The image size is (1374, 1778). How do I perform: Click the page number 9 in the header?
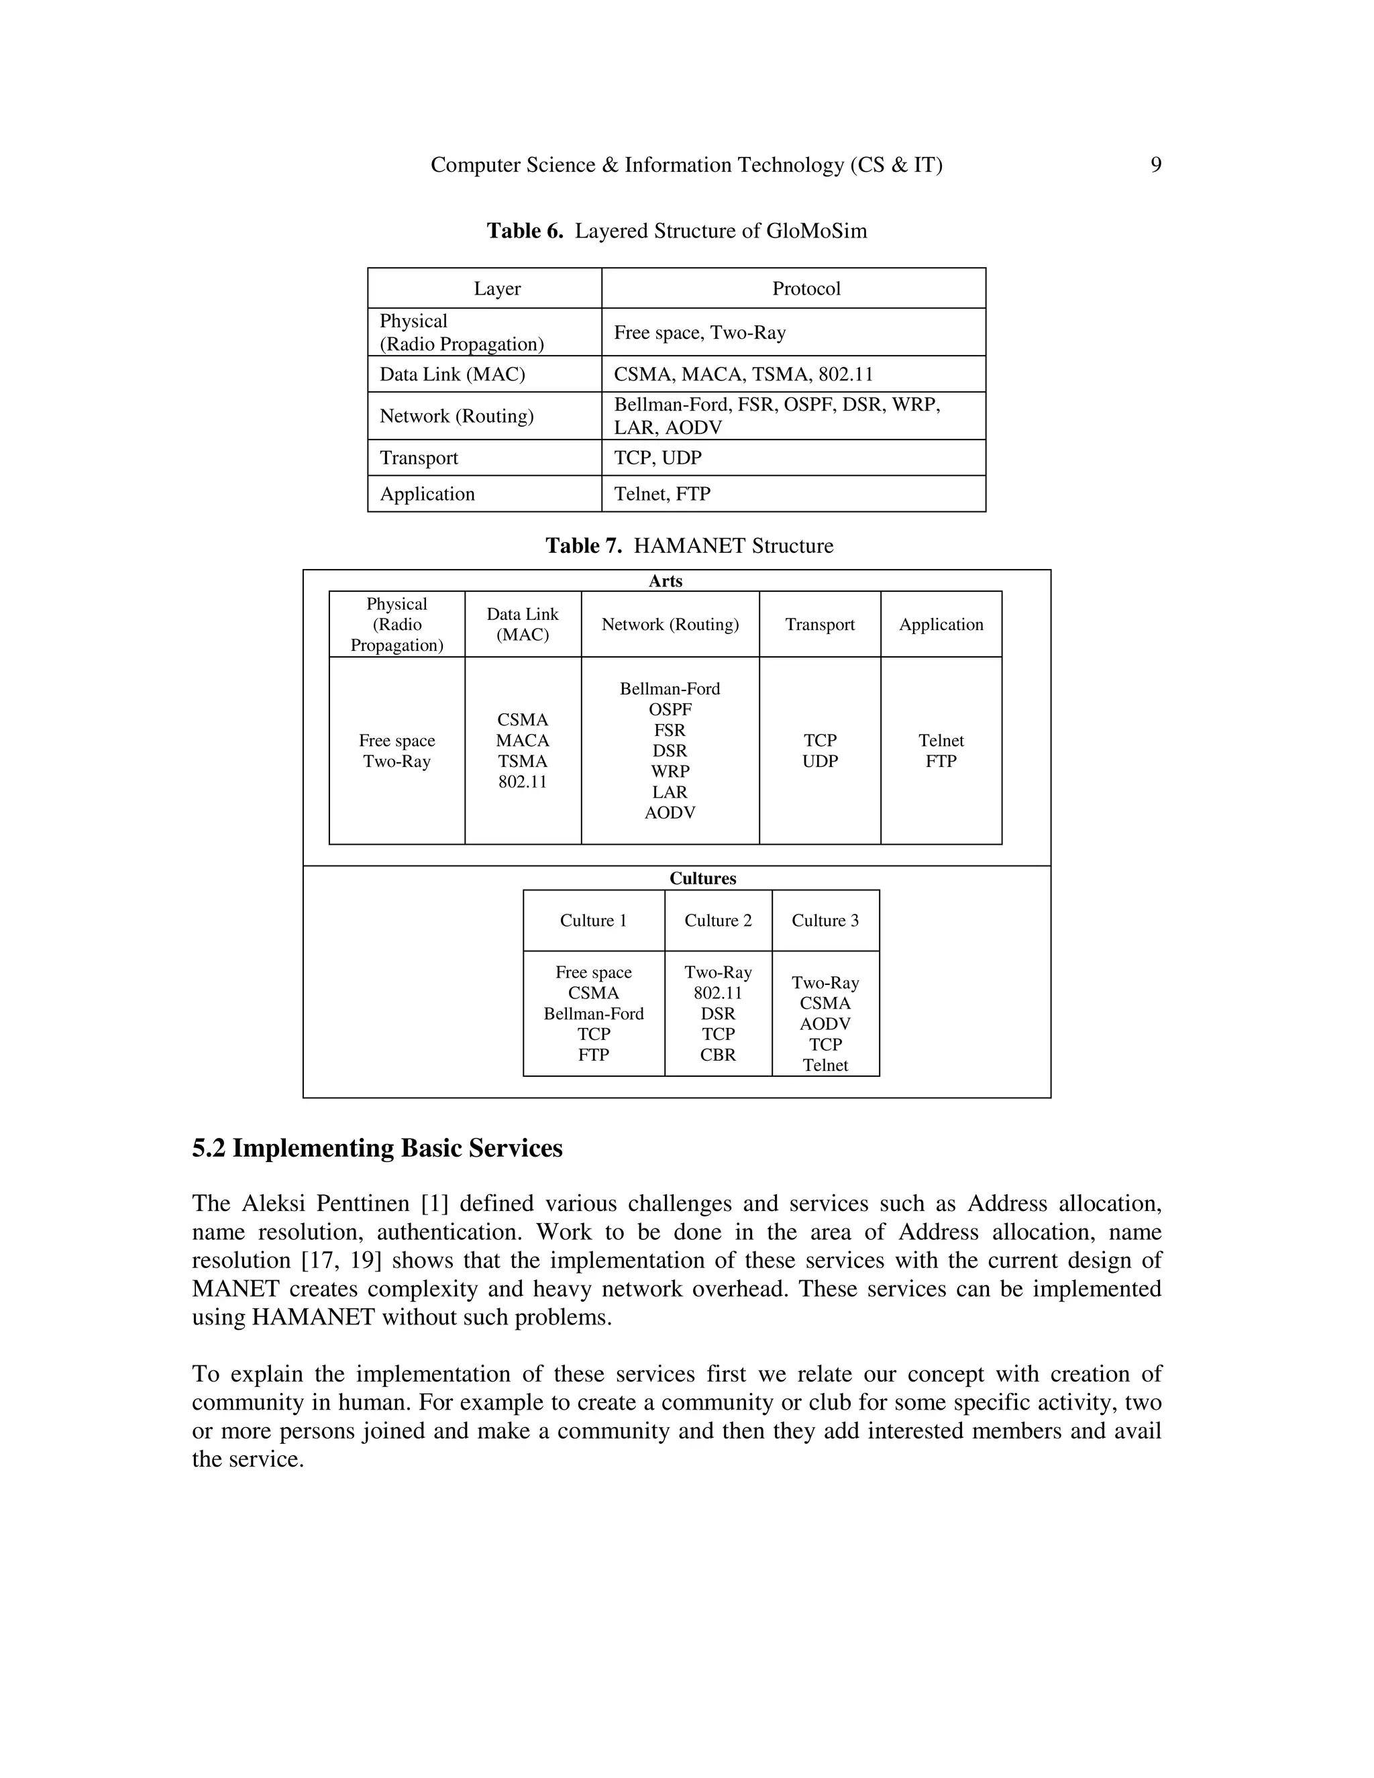(1155, 165)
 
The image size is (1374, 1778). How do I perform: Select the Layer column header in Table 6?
(497, 289)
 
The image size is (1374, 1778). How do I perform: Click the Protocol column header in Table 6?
(806, 289)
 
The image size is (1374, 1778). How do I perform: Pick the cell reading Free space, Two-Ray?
(699, 332)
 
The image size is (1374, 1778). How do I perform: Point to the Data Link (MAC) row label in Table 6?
(453, 374)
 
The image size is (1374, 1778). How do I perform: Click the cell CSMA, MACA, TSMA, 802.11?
(743, 374)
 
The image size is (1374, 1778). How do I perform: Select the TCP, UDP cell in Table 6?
(657, 458)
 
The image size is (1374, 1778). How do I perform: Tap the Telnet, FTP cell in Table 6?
(662, 494)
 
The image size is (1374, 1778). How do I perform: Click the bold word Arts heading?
(665, 581)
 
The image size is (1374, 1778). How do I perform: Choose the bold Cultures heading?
(702, 878)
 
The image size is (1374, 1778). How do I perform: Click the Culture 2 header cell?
(718, 921)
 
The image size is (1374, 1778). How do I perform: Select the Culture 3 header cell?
(825, 921)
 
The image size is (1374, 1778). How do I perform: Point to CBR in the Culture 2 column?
(718, 1055)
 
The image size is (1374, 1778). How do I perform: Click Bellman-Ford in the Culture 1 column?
(593, 1014)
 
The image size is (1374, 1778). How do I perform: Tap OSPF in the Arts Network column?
(670, 710)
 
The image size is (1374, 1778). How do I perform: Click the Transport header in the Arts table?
(820, 625)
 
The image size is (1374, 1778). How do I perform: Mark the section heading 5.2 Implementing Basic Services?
(377, 1149)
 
